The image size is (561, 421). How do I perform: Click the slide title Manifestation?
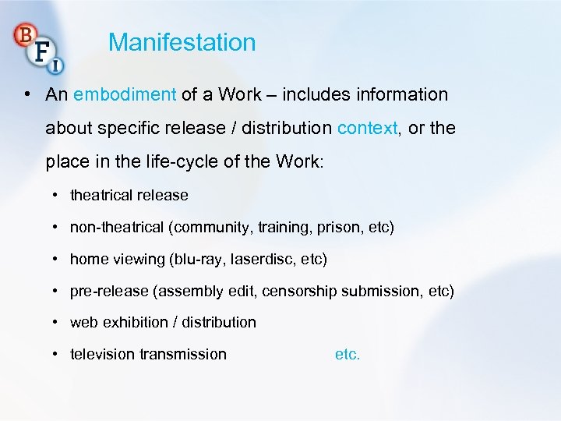click(x=182, y=42)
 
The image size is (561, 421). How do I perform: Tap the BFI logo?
click(x=38, y=46)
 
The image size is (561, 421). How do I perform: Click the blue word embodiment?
click(x=125, y=95)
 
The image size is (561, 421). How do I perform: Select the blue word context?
click(x=368, y=128)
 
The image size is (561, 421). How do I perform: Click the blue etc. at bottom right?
click(x=348, y=354)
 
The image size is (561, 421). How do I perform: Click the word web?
click(x=83, y=322)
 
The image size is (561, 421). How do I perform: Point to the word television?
click(x=102, y=354)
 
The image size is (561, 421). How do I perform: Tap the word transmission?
click(x=183, y=354)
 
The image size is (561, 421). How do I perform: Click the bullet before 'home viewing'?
click(x=57, y=259)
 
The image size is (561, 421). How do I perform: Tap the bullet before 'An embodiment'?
click(x=27, y=95)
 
